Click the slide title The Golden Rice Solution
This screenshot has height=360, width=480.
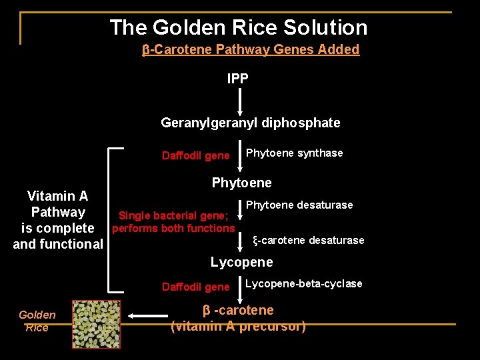(238, 27)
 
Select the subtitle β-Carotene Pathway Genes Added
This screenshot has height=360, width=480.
(251, 49)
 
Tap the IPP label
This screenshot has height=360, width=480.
(238, 79)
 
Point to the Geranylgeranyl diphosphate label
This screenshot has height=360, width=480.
(250, 123)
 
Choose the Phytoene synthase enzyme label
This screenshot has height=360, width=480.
(294, 153)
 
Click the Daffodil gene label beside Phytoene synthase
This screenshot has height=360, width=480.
(195, 156)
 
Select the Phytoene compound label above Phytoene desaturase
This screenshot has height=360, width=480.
(241, 183)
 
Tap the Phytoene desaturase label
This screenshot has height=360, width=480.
(299, 205)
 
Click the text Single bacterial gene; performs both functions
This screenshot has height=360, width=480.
(173, 222)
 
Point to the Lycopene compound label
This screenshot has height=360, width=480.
(241, 262)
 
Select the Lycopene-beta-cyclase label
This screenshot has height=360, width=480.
(303, 284)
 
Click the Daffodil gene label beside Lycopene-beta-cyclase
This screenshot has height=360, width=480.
(195, 287)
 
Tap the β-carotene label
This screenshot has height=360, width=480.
(238, 310)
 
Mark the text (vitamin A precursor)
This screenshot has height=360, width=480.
(238, 327)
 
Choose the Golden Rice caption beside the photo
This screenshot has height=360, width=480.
(37, 321)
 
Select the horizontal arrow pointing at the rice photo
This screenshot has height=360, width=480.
(148, 315)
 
